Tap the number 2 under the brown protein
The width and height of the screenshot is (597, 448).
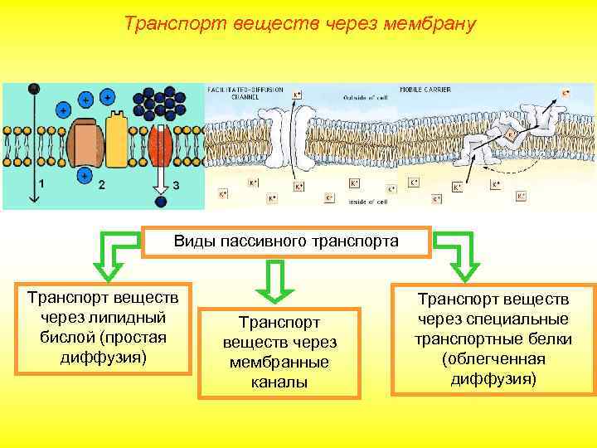tap(101, 184)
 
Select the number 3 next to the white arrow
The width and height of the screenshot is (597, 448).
tap(175, 184)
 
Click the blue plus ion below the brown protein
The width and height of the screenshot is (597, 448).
tap(84, 176)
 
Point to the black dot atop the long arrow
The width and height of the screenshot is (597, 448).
tap(34, 89)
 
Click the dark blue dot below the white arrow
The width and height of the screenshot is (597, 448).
tap(161, 200)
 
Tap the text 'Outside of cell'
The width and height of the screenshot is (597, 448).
tap(365, 97)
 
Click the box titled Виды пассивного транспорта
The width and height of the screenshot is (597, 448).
tap(286, 241)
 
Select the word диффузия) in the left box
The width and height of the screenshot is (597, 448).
tap(103, 357)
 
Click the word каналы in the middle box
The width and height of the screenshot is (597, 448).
tap(279, 382)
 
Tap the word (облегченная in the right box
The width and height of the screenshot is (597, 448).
tap(493, 358)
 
